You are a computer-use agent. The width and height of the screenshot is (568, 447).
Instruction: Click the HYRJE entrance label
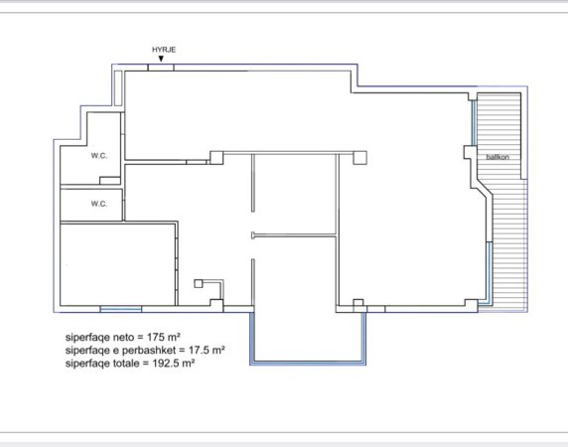[x=162, y=49]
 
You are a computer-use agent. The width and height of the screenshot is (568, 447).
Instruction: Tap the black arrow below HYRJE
[x=162, y=60]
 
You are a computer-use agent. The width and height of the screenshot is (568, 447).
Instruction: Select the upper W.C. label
[x=99, y=155]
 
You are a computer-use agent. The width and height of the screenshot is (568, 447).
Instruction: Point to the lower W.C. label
[x=99, y=204]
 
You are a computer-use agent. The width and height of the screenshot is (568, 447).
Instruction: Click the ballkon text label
[x=498, y=158]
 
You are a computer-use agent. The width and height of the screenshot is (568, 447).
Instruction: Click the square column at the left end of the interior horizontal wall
[x=216, y=156]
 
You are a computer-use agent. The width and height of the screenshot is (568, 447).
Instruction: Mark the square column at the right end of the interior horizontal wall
[x=359, y=156]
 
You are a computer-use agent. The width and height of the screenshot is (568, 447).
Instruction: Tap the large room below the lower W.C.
[x=117, y=263]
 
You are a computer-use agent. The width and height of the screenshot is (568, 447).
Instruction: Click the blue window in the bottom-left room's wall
[x=120, y=306]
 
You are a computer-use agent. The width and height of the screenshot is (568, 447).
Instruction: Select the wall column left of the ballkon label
[x=470, y=154]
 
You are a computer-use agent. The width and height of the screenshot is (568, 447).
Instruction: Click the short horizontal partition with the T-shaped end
[x=293, y=235]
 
